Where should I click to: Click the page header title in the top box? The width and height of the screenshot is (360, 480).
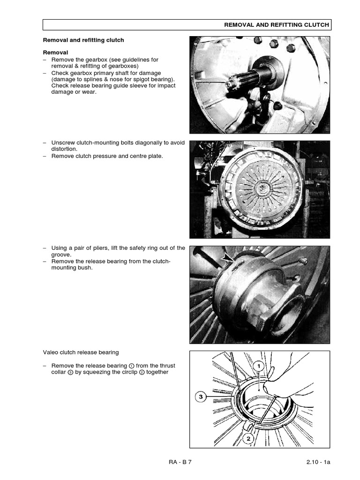(276, 25)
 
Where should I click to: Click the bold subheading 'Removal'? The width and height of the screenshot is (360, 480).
(55, 52)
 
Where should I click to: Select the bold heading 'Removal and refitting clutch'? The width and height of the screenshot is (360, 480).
(83, 40)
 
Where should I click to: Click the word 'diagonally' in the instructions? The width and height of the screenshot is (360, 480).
(141, 142)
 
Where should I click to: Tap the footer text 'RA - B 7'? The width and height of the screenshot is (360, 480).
(180, 462)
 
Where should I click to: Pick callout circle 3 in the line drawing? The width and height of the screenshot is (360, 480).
(201, 397)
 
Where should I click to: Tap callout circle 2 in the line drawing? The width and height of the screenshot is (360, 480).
(248, 439)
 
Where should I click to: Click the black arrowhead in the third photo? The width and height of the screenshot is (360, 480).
(228, 258)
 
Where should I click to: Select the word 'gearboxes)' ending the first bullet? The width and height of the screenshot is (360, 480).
(117, 66)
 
